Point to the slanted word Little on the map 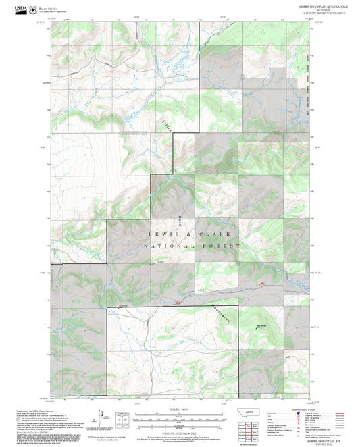tap(165, 122)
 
